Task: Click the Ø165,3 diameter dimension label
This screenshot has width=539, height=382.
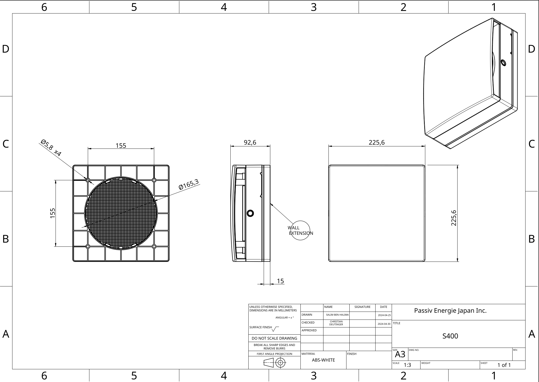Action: click(x=189, y=184)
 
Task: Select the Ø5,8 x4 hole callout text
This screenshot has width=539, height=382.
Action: click(x=51, y=147)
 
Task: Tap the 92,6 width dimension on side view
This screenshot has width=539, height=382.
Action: click(x=250, y=142)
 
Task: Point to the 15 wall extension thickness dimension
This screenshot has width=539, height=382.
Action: click(x=280, y=281)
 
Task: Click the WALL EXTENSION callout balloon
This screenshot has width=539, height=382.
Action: click(x=300, y=230)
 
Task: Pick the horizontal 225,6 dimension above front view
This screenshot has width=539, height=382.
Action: click(x=377, y=142)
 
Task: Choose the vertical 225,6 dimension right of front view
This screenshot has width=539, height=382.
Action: click(x=454, y=218)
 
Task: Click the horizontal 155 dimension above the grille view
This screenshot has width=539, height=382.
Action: click(x=121, y=146)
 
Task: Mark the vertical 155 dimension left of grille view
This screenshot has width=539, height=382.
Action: click(x=53, y=213)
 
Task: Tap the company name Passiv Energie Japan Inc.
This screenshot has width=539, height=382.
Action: click(x=450, y=311)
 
